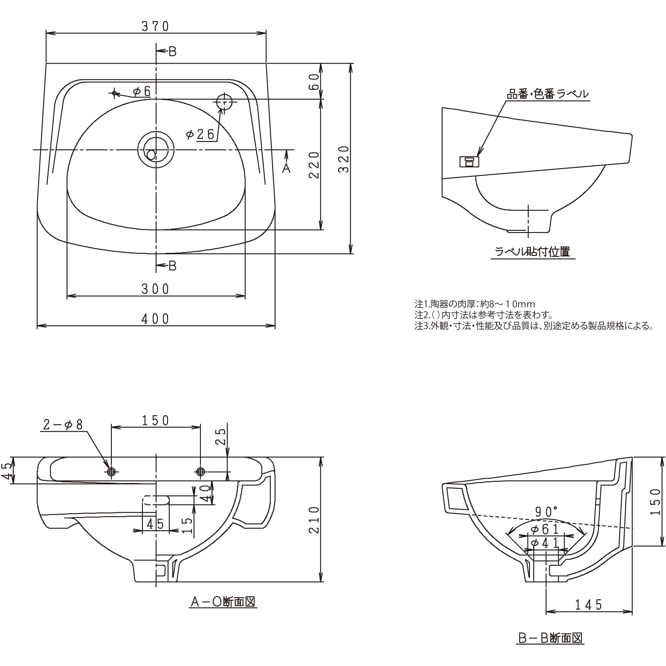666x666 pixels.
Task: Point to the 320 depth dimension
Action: pos(344,159)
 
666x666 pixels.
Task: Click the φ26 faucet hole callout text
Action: pos(200,134)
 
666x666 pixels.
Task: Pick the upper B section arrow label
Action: pos(172,52)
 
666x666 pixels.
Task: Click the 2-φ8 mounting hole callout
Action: pos(63,425)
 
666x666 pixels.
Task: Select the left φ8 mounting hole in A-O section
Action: pos(111,471)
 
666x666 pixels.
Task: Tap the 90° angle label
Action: pos(546,512)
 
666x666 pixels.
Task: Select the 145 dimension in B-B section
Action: pos(588,604)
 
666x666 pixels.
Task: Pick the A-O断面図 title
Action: pos(223,602)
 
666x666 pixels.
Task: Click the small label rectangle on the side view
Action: pos(469,161)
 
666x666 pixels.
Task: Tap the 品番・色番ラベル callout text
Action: pos(548,94)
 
